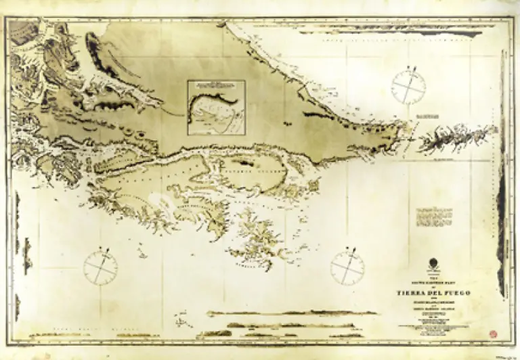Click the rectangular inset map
pyautogui.click(x=216, y=109)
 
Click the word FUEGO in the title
pyautogui.click(x=461, y=293)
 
